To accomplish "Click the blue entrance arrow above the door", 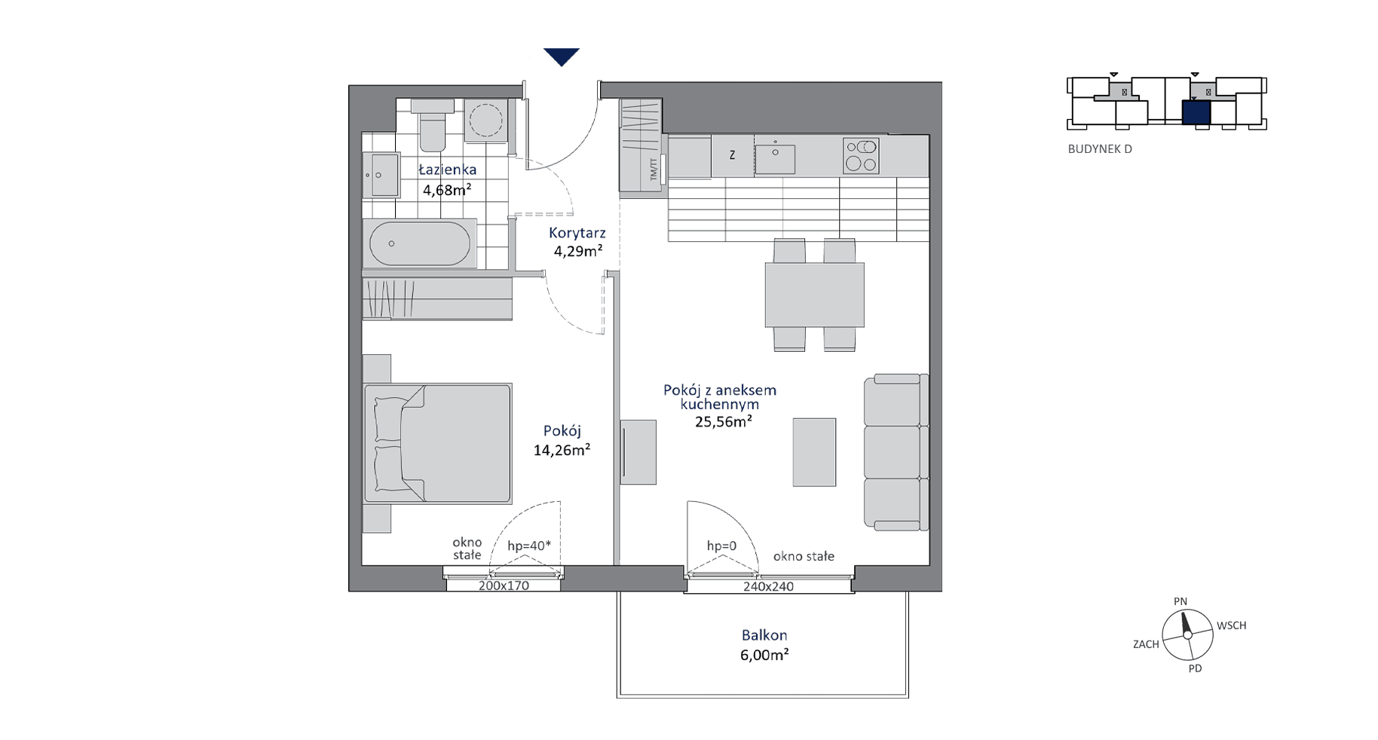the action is pyautogui.click(x=562, y=57).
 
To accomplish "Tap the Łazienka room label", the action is pyautogui.click(x=448, y=170).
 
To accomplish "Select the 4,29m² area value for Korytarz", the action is pyautogui.click(x=577, y=252).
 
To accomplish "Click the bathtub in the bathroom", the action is pyautogui.click(x=419, y=243).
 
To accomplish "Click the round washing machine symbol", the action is pyautogui.click(x=485, y=120).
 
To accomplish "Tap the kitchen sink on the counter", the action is pyautogui.click(x=775, y=157).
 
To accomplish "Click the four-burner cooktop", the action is pyautogui.click(x=861, y=156).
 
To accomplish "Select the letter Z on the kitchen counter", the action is pyautogui.click(x=732, y=156).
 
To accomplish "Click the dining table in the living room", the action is pyautogui.click(x=814, y=295).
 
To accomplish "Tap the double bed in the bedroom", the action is pyautogui.click(x=437, y=443).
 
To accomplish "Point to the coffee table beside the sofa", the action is pyautogui.click(x=814, y=452).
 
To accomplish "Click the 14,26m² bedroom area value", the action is pyautogui.click(x=562, y=451).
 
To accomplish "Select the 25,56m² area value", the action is pyautogui.click(x=724, y=422).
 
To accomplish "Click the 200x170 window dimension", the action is pyautogui.click(x=504, y=586).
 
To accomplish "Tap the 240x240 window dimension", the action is pyautogui.click(x=768, y=587).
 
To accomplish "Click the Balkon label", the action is pyautogui.click(x=764, y=636).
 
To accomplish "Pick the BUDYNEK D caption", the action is pyautogui.click(x=1100, y=149).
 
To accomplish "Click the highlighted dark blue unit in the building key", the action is pyautogui.click(x=1196, y=112).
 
